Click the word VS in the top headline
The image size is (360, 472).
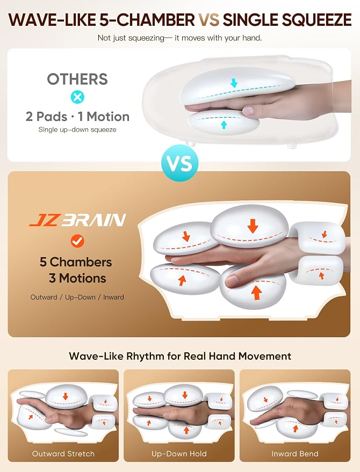click(x=208, y=20)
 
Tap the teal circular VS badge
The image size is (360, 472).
click(x=180, y=163)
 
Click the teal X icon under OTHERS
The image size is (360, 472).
click(x=77, y=97)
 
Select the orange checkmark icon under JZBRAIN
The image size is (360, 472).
click(x=77, y=241)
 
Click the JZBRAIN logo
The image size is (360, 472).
click(x=78, y=220)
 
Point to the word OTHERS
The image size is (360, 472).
click(x=77, y=79)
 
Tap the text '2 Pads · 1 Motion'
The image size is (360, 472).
click(x=77, y=117)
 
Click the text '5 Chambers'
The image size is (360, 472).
click(x=76, y=262)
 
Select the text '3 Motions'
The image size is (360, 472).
click(x=77, y=278)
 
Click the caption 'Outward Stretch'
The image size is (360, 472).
click(x=63, y=454)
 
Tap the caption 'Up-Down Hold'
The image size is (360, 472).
click(x=179, y=454)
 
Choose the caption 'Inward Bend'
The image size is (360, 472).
click(x=295, y=454)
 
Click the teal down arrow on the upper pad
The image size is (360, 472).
click(x=234, y=83)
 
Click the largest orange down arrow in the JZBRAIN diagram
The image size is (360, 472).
click(x=253, y=226)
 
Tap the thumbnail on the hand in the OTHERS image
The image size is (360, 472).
click(x=248, y=111)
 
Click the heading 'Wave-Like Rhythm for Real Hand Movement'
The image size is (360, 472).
click(x=180, y=356)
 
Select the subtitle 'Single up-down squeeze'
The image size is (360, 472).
click(x=77, y=130)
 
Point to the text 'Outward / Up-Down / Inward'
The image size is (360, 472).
click(x=77, y=297)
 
